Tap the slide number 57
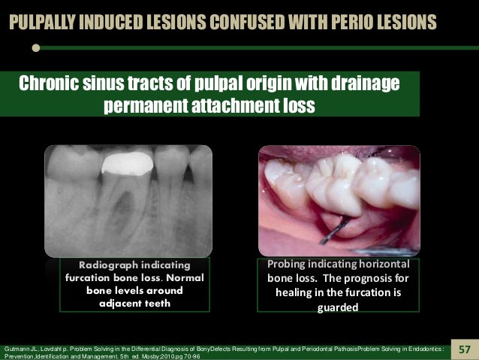coord(465,349)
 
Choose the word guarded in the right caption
coord(333,307)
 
